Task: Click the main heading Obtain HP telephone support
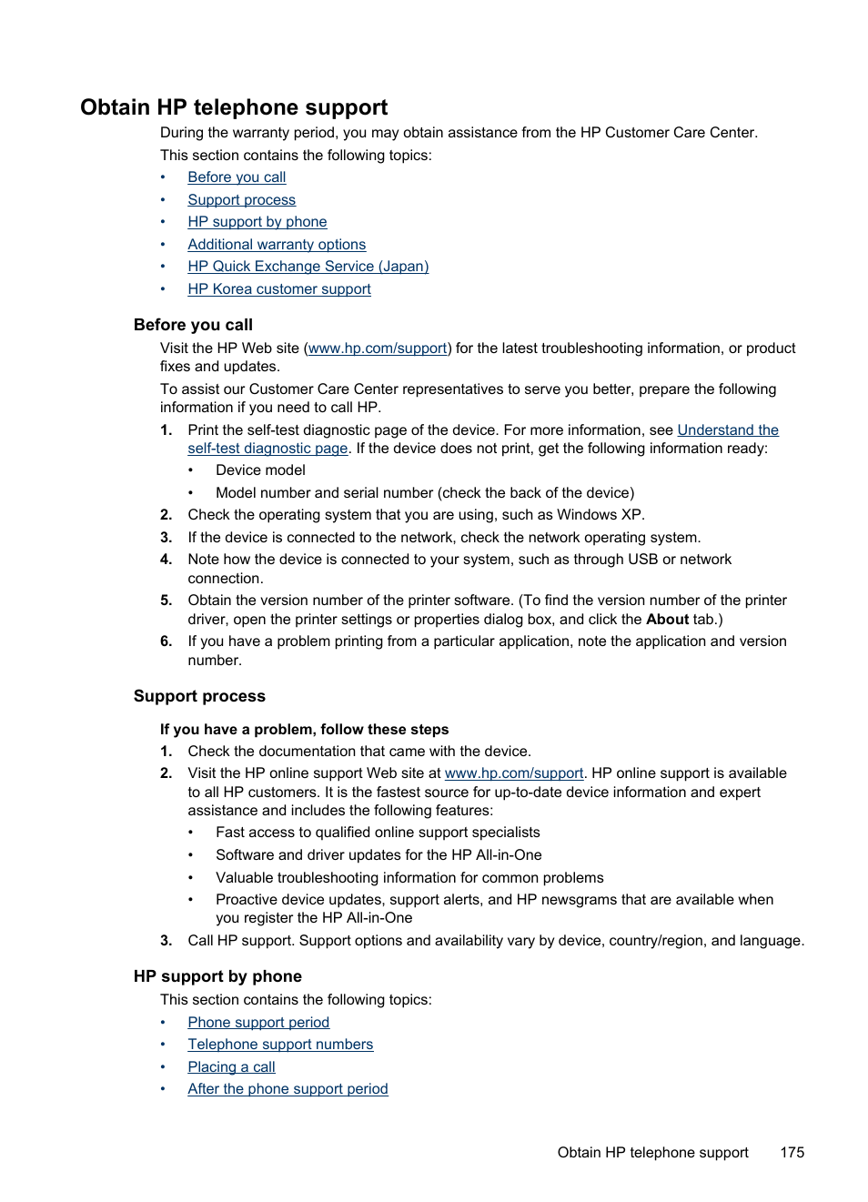click(x=234, y=107)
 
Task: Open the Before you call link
click(x=237, y=177)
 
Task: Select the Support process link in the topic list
click(x=241, y=200)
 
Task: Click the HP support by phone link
click(x=257, y=222)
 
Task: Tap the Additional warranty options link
click(x=277, y=245)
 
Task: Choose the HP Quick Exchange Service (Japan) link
click(x=308, y=267)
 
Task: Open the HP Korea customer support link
click(x=278, y=289)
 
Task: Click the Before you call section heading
click(x=193, y=325)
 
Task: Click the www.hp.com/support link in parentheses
click(x=378, y=348)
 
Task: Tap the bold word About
click(x=667, y=620)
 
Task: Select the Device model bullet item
click(x=260, y=470)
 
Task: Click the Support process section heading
click(x=199, y=696)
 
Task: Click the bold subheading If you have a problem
click(x=304, y=730)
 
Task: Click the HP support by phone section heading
click(x=217, y=976)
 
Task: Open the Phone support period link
click(x=258, y=1023)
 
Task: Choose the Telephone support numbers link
click(x=280, y=1045)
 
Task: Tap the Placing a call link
click(x=231, y=1067)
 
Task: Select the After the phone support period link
click(x=288, y=1089)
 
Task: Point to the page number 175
click(x=792, y=1153)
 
